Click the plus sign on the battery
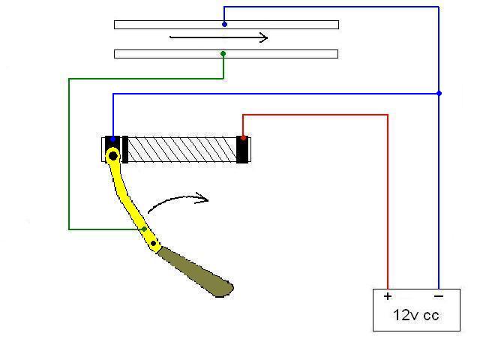(x=388, y=296)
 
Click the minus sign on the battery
(x=438, y=296)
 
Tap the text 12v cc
(x=416, y=315)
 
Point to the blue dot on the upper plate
(x=224, y=24)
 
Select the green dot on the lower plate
(x=223, y=53)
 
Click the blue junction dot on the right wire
(x=439, y=93)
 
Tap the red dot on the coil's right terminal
(x=242, y=138)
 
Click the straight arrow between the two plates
(x=218, y=37)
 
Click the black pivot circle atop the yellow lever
(x=112, y=156)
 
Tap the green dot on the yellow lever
(x=145, y=229)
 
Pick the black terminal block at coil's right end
(x=242, y=150)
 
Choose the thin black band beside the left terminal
(x=125, y=148)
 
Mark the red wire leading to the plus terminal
(x=388, y=202)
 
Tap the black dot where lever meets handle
(x=154, y=244)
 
